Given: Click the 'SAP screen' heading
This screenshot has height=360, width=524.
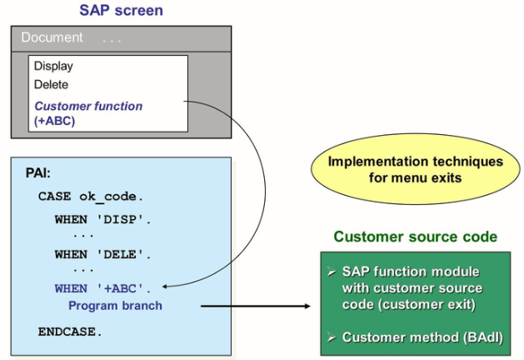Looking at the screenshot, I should pyautogui.click(x=121, y=11).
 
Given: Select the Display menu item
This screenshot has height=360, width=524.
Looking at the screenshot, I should pyautogui.click(x=53, y=66).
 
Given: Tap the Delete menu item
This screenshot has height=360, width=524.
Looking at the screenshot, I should pyautogui.click(x=51, y=84).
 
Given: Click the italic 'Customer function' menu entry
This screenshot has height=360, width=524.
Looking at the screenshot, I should pyautogui.click(x=88, y=106).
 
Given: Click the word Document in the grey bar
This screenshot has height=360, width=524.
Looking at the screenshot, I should pyautogui.click(x=52, y=37).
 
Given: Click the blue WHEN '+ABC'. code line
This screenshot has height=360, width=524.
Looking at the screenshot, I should pyautogui.click(x=103, y=288).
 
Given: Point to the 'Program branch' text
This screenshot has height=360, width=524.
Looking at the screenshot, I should pyautogui.click(x=115, y=305).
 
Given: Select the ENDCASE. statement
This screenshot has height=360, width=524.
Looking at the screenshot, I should pyautogui.click(x=70, y=331).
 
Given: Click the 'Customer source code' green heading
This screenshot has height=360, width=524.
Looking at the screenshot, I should pyautogui.click(x=415, y=237).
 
